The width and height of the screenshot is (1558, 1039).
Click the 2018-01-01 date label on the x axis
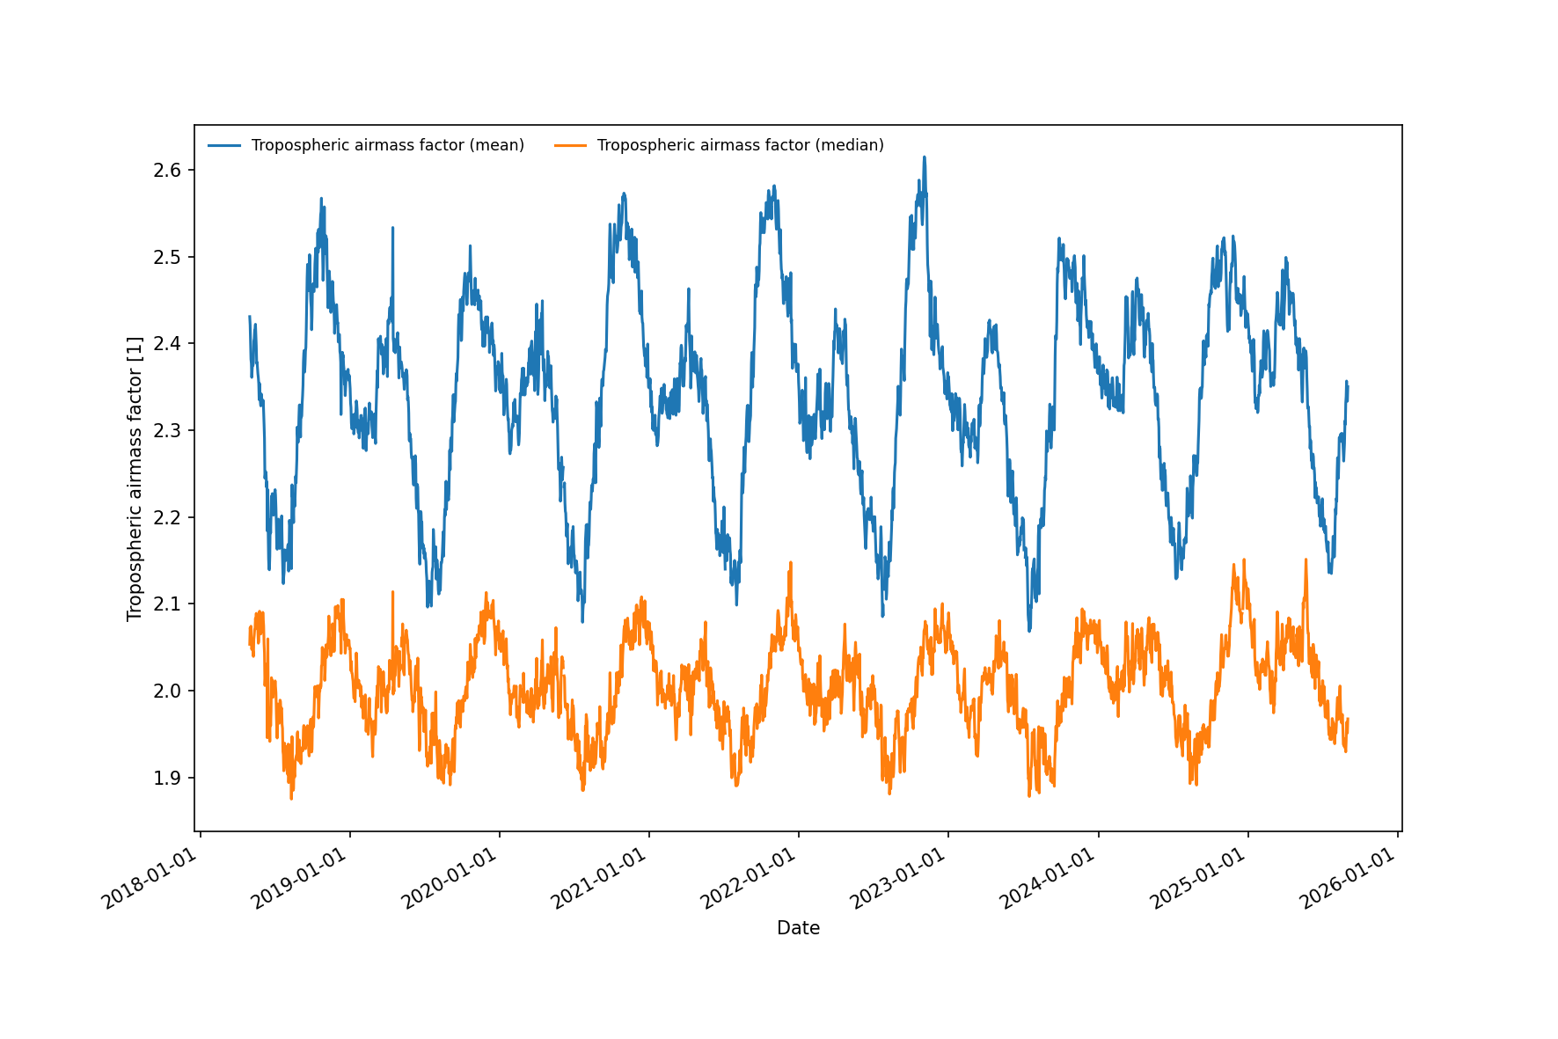[150, 879]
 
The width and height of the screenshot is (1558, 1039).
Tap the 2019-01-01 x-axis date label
[299, 879]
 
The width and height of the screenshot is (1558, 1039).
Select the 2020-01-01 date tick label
[449, 879]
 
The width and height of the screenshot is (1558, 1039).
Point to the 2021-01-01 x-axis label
[598, 879]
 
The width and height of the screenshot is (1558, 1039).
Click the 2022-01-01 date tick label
[748, 879]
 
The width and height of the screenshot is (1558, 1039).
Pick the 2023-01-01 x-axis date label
[897, 879]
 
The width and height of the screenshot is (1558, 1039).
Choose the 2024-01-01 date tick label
[1047, 879]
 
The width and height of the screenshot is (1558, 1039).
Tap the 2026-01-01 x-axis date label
[1347, 879]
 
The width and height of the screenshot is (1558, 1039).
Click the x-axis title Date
[798, 928]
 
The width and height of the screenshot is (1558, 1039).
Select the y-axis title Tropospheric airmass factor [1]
[135, 479]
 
